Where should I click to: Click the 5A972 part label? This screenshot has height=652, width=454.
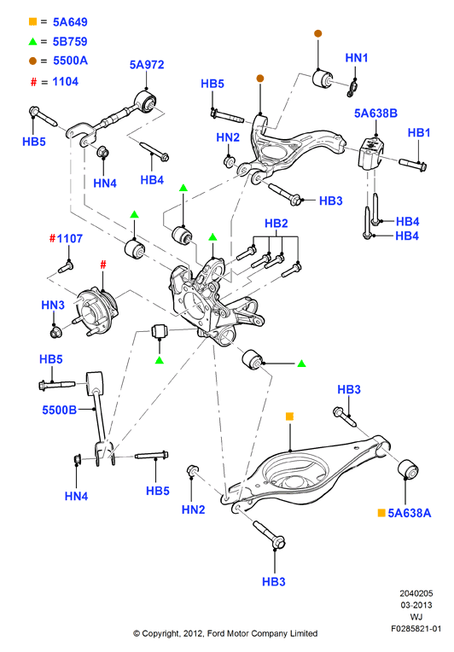tap(147, 65)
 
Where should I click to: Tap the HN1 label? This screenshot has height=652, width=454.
tap(357, 58)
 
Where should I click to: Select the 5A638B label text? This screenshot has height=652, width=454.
tap(375, 114)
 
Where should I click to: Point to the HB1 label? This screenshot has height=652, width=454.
tap(419, 132)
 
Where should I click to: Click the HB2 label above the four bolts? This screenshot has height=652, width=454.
tap(276, 224)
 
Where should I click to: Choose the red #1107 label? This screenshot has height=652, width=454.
tap(66, 239)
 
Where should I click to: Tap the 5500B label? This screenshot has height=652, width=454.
tap(60, 410)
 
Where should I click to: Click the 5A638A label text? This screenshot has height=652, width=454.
tap(409, 513)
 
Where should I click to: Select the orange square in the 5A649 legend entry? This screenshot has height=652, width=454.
tap(32, 21)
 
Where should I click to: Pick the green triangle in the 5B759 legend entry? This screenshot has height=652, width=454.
tap(32, 41)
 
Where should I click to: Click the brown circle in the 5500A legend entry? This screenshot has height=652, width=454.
tap(32, 61)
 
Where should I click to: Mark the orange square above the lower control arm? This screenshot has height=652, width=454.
tap(290, 416)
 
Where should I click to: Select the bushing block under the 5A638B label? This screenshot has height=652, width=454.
tap(371, 153)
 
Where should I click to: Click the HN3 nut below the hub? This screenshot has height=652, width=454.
tap(55, 332)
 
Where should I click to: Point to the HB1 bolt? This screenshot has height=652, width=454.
tap(413, 164)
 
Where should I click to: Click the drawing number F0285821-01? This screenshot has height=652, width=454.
tap(416, 628)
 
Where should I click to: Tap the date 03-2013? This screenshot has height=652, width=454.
tap(416, 605)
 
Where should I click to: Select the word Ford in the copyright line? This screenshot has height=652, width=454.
tap(216, 633)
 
